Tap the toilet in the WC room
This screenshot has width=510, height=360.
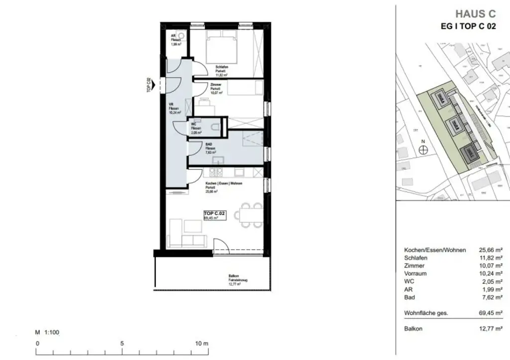click(215, 128)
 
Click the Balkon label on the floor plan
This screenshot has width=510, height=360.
click(233, 275)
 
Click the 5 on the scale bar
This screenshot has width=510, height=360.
click(122, 343)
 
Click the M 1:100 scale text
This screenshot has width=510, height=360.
click(47, 332)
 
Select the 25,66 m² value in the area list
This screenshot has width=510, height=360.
click(490, 250)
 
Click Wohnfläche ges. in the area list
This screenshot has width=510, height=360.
click(426, 313)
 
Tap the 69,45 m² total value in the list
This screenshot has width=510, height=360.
click(490, 313)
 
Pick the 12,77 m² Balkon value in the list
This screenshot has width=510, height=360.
click(490, 329)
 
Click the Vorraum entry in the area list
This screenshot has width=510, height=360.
click(415, 273)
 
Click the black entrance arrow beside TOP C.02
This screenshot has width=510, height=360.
click(154, 86)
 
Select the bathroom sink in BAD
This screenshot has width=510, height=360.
click(218, 160)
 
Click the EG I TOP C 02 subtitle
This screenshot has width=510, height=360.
click(468, 27)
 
